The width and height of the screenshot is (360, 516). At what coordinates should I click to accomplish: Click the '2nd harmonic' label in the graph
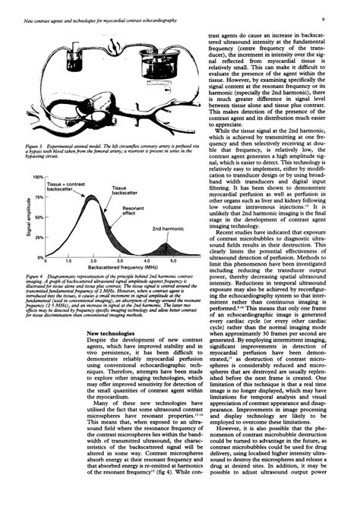[x=167, y=228]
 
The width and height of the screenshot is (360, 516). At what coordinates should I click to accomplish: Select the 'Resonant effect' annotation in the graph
[x=133, y=210]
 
